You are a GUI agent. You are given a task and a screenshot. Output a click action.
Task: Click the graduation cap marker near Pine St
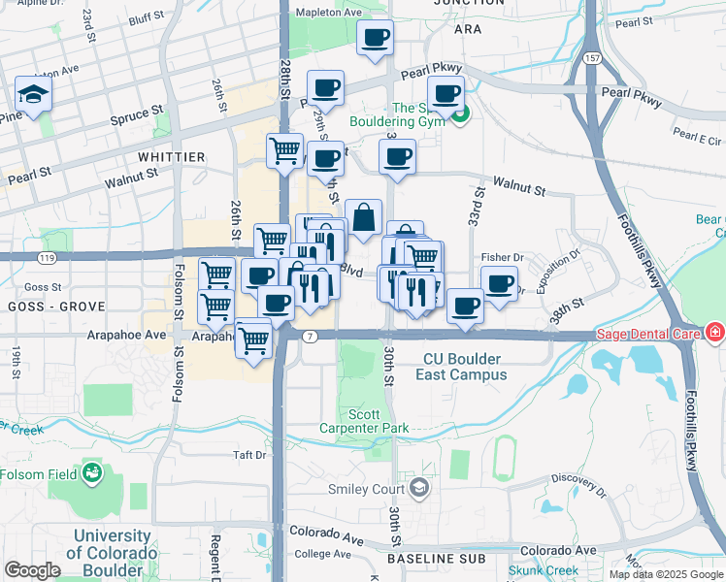click(33, 95)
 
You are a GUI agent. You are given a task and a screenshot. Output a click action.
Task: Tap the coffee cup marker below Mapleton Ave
click(375, 39)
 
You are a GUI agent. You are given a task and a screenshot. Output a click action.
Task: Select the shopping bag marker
click(363, 219)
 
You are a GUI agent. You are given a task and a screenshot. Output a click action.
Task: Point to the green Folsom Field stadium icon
click(93, 473)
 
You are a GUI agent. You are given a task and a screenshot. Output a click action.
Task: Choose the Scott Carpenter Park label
click(364, 420)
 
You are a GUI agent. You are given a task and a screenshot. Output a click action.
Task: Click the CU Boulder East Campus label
click(465, 366)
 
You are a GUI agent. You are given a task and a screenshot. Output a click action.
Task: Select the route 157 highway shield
click(591, 58)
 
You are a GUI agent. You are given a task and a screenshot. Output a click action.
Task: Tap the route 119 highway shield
click(47, 257)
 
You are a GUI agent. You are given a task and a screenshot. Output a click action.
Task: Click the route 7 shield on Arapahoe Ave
click(310, 336)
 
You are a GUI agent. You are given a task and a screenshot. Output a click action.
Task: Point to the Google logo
click(32, 570)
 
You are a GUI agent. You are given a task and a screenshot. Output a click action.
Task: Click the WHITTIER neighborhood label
click(171, 156)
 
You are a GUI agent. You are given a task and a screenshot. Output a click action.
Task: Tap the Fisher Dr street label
click(502, 257)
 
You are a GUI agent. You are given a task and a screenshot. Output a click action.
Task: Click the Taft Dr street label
click(249, 454)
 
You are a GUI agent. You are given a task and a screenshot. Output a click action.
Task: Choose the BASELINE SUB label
click(436, 559)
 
